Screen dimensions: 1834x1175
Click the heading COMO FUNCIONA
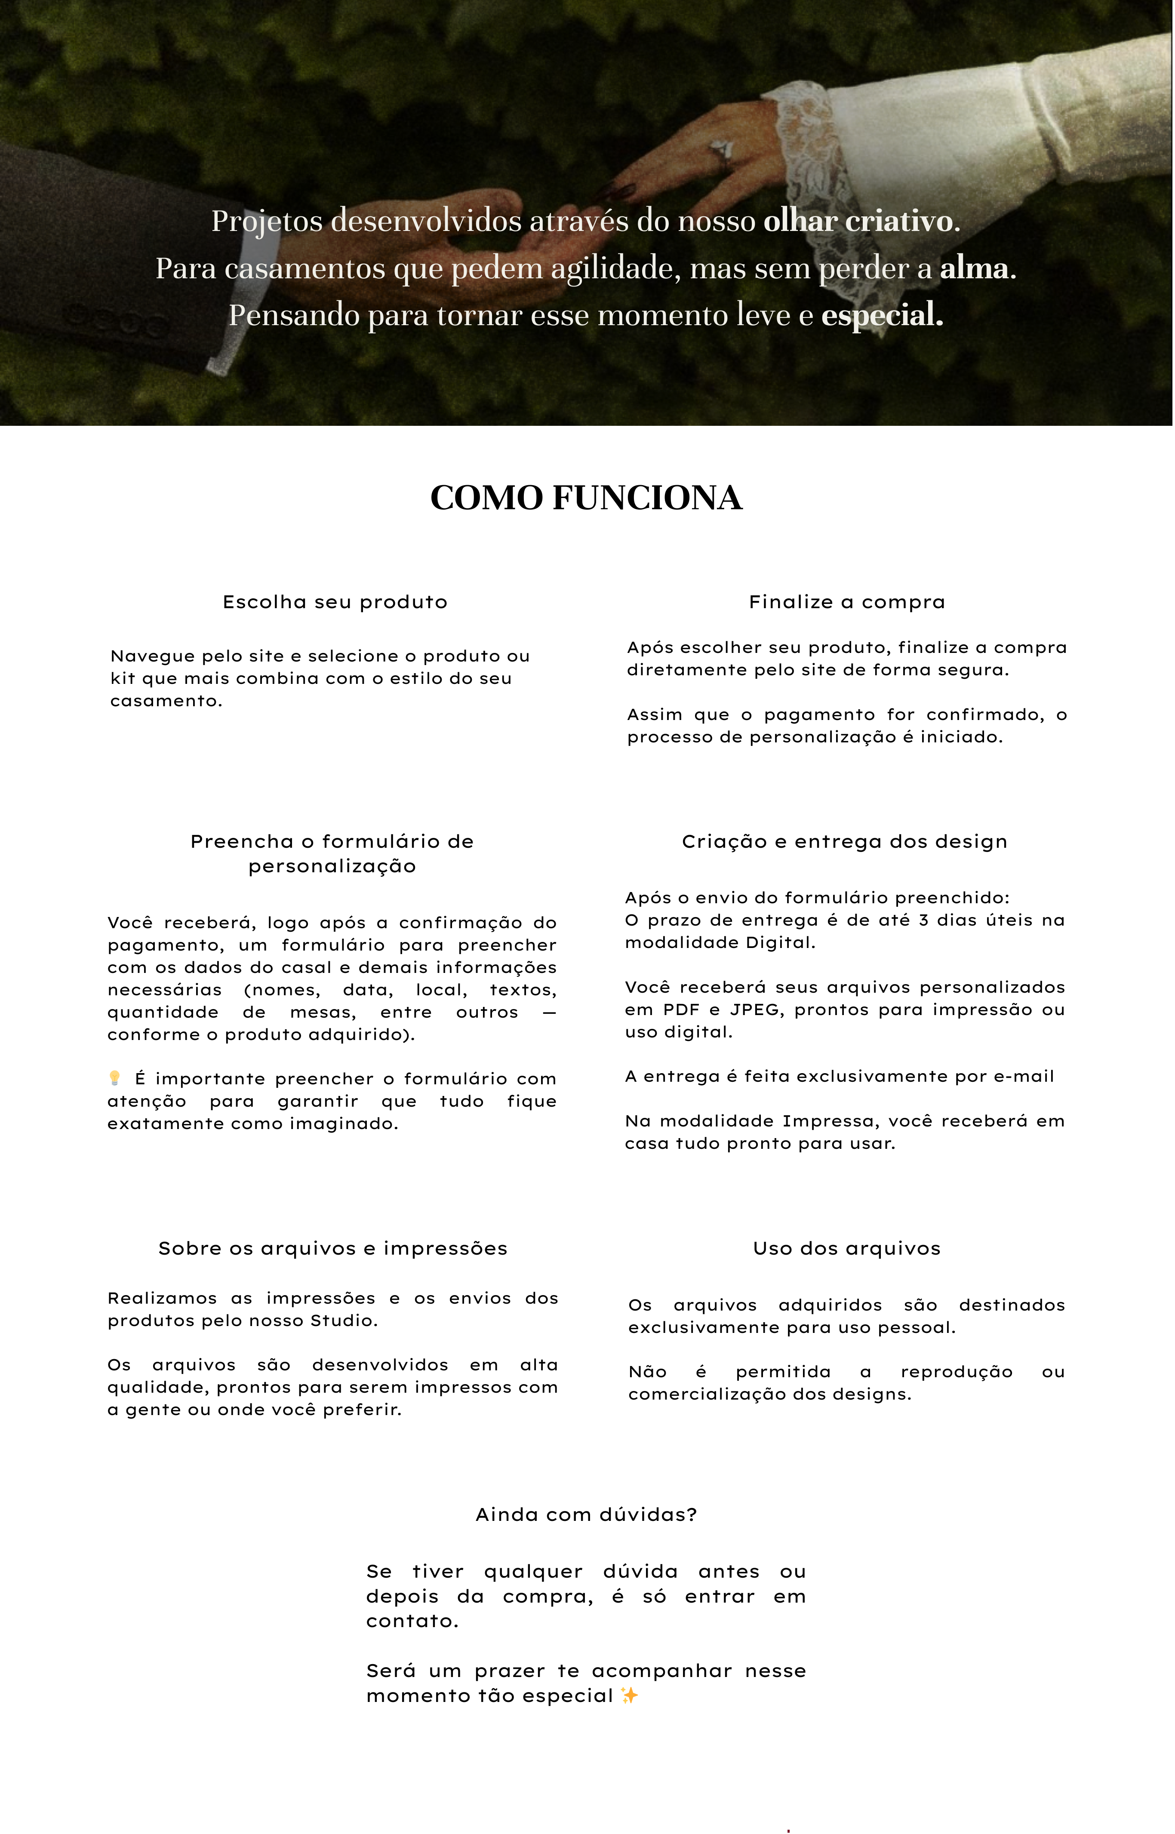586,497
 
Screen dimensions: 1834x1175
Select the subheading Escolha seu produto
335,602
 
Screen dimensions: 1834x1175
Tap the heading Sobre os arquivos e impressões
332,1248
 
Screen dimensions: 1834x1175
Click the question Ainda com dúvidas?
586,1514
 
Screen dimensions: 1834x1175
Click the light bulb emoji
114,1078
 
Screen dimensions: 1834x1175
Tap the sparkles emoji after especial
630,1695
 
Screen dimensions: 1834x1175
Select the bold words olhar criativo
858,221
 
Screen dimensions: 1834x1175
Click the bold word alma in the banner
974,268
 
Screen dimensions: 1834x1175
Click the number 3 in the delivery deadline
923,920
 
